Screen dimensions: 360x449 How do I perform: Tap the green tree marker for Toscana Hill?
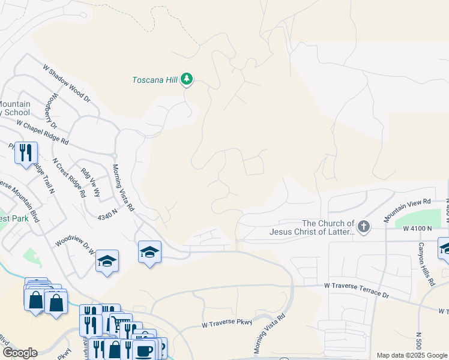(187, 79)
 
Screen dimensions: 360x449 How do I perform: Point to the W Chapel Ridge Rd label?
(43, 133)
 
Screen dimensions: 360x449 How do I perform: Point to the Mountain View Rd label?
(408, 207)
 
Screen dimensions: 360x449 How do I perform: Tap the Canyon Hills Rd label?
(426, 264)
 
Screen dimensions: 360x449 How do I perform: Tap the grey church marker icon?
(363, 227)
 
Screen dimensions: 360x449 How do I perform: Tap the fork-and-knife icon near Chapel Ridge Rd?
(26, 152)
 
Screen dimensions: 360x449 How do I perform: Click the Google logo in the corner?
(20, 353)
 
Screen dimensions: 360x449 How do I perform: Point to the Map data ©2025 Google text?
(411, 355)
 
